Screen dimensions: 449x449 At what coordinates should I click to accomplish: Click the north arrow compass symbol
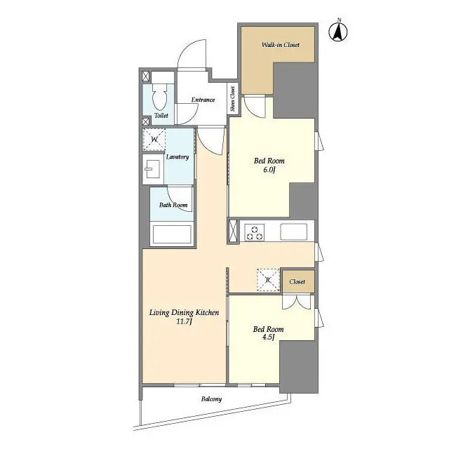[x=340, y=32]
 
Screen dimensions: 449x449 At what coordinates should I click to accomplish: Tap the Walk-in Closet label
[x=281, y=45]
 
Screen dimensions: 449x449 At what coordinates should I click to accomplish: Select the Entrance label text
[x=203, y=100]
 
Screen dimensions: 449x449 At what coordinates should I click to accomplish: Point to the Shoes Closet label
[x=233, y=99]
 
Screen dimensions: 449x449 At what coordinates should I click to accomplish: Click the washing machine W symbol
[x=154, y=140]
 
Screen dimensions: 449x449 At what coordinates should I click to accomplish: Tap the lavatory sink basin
[x=152, y=168]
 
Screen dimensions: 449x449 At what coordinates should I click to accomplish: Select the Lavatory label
[x=177, y=156]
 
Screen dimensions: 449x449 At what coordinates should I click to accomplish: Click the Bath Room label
[x=173, y=206]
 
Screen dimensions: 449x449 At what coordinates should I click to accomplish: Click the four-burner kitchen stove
[x=253, y=232]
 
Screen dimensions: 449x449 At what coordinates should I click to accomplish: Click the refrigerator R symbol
[x=268, y=280]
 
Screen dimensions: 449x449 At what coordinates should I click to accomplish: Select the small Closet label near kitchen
[x=297, y=281]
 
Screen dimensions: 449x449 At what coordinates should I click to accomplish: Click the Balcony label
[x=211, y=399]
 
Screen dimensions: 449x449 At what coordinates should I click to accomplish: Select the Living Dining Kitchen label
[x=184, y=312]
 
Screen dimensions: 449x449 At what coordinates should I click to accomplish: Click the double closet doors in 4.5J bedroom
[x=297, y=302]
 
